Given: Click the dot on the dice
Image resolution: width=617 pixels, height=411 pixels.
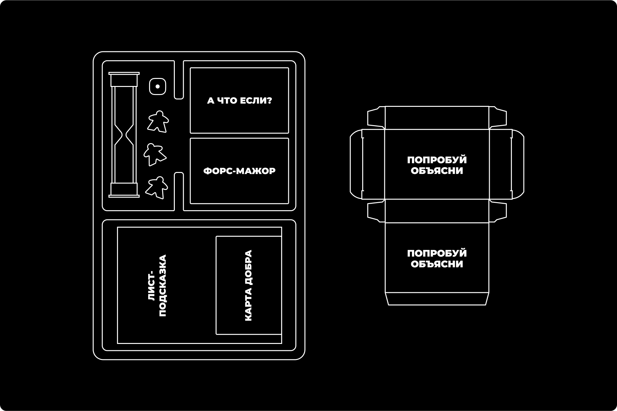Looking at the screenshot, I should (157, 86).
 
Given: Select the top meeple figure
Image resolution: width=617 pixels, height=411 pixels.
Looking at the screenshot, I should (158, 121).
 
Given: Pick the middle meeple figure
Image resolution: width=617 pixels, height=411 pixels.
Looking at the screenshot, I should (155, 154).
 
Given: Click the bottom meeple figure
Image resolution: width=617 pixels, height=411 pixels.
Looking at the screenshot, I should (157, 187).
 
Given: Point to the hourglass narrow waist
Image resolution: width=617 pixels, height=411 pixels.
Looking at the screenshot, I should (124, 135).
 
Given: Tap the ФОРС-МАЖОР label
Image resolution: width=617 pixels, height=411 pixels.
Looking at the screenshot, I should (239, 171).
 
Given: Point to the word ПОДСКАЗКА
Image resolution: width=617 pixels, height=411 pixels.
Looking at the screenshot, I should (163, 286).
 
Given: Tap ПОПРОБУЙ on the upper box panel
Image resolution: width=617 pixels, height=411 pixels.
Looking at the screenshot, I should (437, 160).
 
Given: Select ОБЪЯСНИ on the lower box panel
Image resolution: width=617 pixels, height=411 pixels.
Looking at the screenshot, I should (437, 264).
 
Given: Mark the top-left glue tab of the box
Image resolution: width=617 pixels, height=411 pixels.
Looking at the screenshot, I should (376, 118).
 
